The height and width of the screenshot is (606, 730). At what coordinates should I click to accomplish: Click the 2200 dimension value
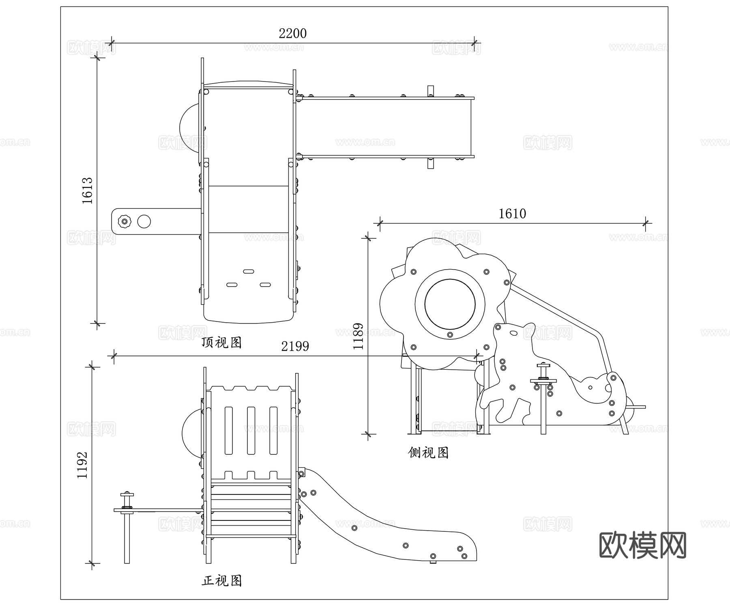(x=292, y=33)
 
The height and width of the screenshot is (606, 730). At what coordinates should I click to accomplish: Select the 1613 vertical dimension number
(x=88, y=190)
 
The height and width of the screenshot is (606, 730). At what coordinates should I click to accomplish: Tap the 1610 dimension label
(x=512, y=214)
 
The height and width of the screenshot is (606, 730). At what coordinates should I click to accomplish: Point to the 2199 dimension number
(x=295, y=346)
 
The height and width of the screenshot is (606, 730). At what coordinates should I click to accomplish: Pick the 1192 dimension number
(x=83, y=465)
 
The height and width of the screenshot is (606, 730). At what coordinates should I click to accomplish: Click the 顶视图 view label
(x=221, y=343)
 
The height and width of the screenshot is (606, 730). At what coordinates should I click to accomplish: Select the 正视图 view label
(x=221, y=581)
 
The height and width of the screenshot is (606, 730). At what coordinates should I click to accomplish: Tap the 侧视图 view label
(x=428, y=452)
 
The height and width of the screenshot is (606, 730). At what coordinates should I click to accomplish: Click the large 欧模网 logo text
(x=642, y=545)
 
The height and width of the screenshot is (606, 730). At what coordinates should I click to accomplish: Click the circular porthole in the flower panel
(x=450, y=304)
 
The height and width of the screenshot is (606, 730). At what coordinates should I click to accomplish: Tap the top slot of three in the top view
(x=248, y=271)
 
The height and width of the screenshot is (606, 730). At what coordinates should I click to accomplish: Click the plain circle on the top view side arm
(x=144, y=221)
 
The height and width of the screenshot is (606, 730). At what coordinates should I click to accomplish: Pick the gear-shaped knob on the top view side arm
(x=125, y=221)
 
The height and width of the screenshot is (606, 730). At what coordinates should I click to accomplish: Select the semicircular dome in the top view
(x=190, y=127)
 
